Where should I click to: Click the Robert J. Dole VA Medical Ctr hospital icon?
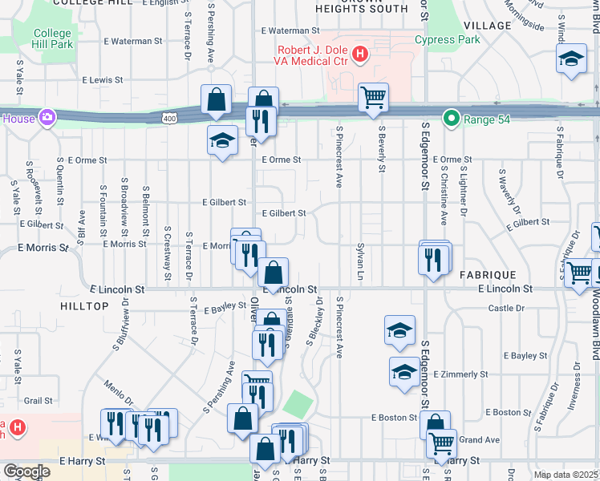tap(360, 55)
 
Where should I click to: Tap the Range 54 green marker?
tap(451, 120)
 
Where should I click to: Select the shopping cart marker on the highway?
tap(373, 98)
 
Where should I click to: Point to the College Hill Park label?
tap(52, 39)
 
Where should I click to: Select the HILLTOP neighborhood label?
tap(84, 306)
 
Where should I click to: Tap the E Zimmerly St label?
tap(460, 374)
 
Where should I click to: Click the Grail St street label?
tap(38, 400)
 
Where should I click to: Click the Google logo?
tap(26, 471)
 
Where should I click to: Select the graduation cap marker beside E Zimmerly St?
tap(403, 371)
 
